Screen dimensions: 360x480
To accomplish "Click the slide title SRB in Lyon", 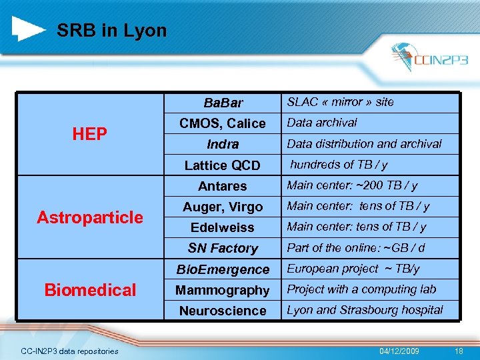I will coord(111,31).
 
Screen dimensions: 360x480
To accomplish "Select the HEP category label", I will coord(89,135).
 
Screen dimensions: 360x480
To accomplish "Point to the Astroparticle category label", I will coord(89,217).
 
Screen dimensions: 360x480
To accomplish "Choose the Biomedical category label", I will coord(89,290).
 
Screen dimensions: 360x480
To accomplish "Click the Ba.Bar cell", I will coord(223,103).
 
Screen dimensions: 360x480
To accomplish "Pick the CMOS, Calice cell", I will coord(223,123).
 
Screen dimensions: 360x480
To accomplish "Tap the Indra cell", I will coord(223,144).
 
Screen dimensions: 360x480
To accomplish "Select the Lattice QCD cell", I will coord(223,165).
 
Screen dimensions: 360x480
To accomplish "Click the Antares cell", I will coord(223,186).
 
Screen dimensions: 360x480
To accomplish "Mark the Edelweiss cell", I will coord(223,227).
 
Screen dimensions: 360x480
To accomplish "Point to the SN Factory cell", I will coord(223,248).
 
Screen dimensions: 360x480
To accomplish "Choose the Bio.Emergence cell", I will coord(223,269).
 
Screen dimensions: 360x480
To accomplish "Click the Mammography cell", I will coord(223,290).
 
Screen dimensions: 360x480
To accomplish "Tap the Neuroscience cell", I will coord(223,311).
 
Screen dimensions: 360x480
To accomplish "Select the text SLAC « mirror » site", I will coord(340,102).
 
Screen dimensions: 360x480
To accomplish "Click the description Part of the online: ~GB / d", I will coord(355,248).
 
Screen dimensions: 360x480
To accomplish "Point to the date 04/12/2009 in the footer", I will coord(399,351).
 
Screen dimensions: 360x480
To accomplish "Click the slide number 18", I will coord(458,351).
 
